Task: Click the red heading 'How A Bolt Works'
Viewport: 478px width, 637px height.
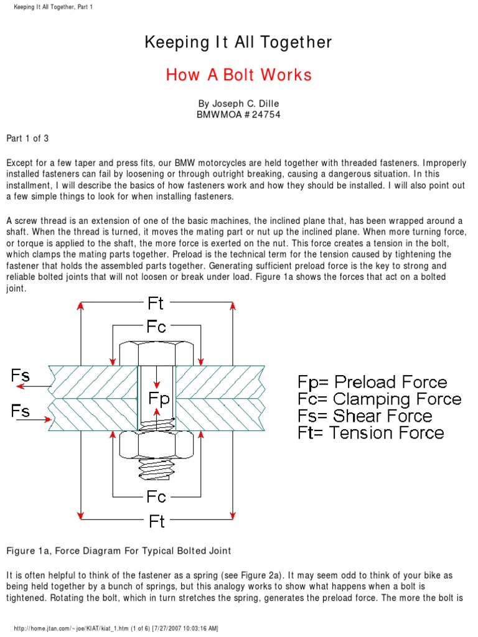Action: [238, 75]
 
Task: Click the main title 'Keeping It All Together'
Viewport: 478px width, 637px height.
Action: [238, 42]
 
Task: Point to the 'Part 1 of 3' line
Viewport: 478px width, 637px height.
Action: [27, 137]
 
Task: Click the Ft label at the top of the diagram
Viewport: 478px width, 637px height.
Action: [156, 303]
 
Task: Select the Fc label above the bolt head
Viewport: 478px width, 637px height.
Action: [156, 327]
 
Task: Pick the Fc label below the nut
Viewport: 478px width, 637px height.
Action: [156, 496]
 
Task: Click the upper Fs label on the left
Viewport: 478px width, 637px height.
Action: [20, 375]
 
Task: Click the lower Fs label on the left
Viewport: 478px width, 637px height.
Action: [20, 411]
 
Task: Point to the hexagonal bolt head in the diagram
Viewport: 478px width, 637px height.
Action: [156, 353]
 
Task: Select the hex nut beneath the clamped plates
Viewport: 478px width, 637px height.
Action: [156, 445]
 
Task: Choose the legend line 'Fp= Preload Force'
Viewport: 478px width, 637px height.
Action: [372, 382]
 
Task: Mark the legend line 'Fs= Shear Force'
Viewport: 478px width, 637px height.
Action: [365, 416]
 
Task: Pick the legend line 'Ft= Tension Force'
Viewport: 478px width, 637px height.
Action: [371, 432]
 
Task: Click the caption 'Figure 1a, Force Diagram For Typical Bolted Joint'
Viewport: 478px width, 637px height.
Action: [118, 551]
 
